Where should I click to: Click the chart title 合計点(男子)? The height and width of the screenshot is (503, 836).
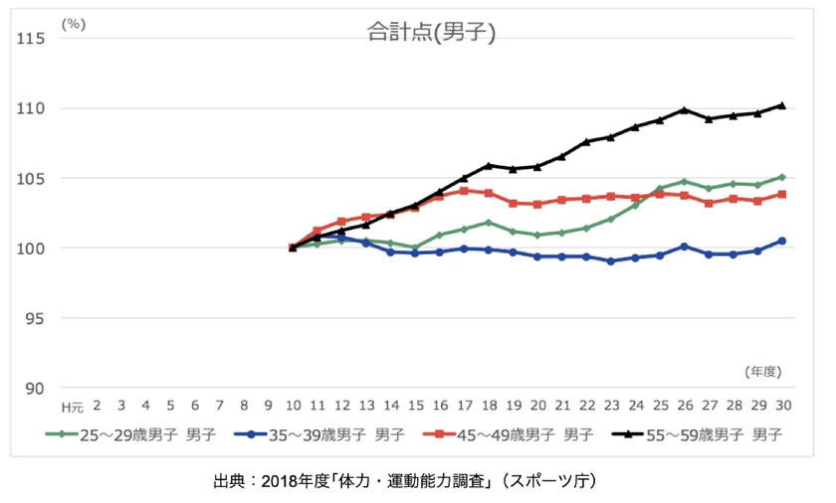click(x=431, y=32)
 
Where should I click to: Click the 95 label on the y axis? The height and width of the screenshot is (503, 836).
click(x=37, y=318)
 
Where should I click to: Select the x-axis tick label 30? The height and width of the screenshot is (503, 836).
click(x=782, y=407)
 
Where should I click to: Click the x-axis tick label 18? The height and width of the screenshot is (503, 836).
click(x=489, y=407)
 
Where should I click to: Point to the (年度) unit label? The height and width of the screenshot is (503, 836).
click(x=764, y=370)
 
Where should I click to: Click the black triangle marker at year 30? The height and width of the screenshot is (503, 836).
click(x=782, y=105)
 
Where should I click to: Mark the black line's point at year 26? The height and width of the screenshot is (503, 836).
click(x=685, y=109)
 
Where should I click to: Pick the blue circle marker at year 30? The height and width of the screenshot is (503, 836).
click(x=782, y=241)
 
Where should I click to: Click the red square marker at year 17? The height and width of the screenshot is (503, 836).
click(x=464, y=191)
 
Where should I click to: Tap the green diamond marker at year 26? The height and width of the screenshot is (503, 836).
click(x=685, y=181)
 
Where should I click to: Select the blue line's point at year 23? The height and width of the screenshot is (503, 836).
click(x=611, y=261)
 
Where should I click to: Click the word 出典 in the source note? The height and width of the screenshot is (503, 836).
click(x=228, y=481)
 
